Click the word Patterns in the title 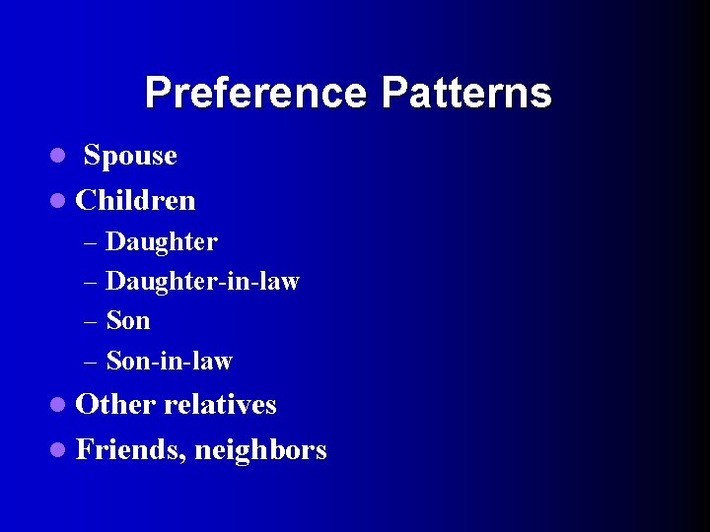point(466,94)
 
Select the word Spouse point(130,156)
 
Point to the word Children point(136,201)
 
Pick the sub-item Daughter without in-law point(162,241)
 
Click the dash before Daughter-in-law point(91,283)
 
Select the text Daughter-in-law point(202,282)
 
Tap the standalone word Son point(128,321)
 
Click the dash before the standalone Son point(91,322)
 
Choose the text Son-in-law point(169,362)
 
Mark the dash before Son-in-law point(91,363)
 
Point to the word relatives point(221,405)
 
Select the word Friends point(130,450)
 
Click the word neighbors point(260,451)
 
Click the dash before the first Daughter point(91,242)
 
